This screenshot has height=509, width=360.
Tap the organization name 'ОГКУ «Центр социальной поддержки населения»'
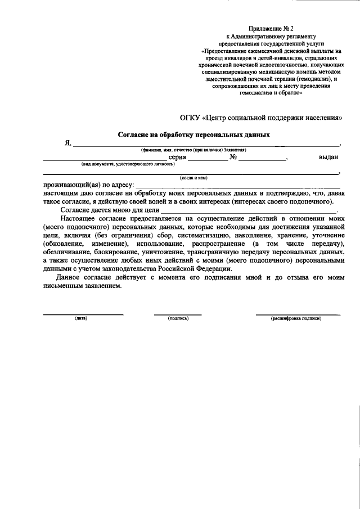(x=260, y=118)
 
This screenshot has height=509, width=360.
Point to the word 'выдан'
(x=328, y=158)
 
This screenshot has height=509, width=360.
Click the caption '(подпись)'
(x=178, y=318)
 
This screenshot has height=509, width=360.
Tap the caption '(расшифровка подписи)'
(x=296, y=318)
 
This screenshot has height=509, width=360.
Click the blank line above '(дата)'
(x=83, y=314)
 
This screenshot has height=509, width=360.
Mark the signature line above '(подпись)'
(x=178, y=314)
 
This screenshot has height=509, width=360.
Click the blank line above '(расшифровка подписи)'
(x=298, y=314)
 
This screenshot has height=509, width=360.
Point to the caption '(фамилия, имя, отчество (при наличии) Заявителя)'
(x=193, y=150)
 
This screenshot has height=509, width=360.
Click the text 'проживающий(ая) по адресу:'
(x=88, y=185)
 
